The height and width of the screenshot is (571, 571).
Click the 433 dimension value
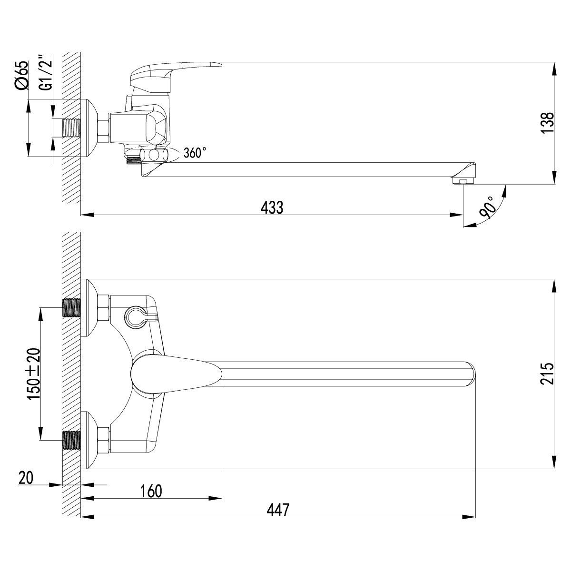tap(272, 207)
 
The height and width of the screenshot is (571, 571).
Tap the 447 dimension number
tap(277, 510)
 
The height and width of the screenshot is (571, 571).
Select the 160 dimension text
tap(151, 491)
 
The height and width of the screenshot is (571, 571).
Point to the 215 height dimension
tap(547, 374)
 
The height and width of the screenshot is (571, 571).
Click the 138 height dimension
tap(547, 123)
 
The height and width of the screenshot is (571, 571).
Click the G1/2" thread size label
tap(46, 72)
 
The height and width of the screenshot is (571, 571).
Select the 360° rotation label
tap(195, 153)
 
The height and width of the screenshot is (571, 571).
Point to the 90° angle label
tap(487, 207)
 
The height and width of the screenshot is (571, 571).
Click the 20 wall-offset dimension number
tap(26, 477)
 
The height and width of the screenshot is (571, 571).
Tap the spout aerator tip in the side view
tap(463, 180)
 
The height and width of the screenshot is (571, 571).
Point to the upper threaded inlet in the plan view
tap(72, 308)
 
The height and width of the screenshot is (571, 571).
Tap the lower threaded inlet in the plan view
tap(72, 440)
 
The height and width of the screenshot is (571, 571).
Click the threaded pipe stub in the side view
tap(72, 128)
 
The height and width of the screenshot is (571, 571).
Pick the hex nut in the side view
tap(104, 128)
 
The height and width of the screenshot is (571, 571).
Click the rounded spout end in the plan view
tap(470, 374)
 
